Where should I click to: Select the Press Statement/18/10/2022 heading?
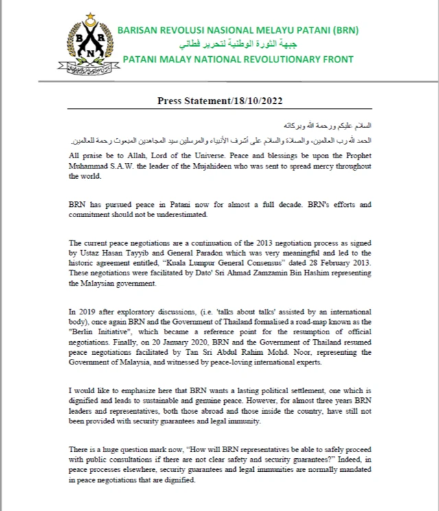pyautogui.click(x=219, y=101)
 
